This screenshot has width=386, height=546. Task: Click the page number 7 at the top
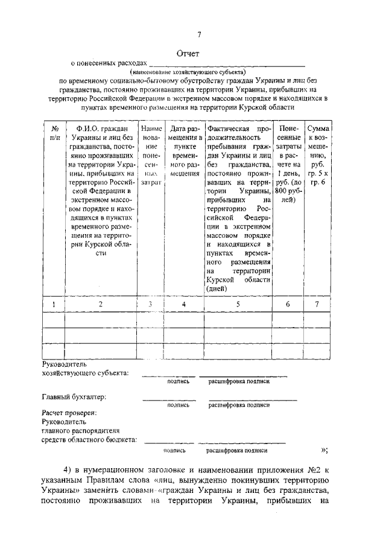tap(200, 34)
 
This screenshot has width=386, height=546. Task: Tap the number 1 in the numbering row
tap(54, 305)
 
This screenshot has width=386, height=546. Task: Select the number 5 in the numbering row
tap(238, 305)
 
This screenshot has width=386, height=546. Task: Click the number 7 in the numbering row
tap(318, 305)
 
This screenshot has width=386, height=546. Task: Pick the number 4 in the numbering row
tap(185, 305)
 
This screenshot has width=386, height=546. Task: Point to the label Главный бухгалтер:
tap(74, 397)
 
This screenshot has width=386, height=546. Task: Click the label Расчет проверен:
tap(69, 413)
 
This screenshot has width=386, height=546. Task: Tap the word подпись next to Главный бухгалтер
tap(179, 405)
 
